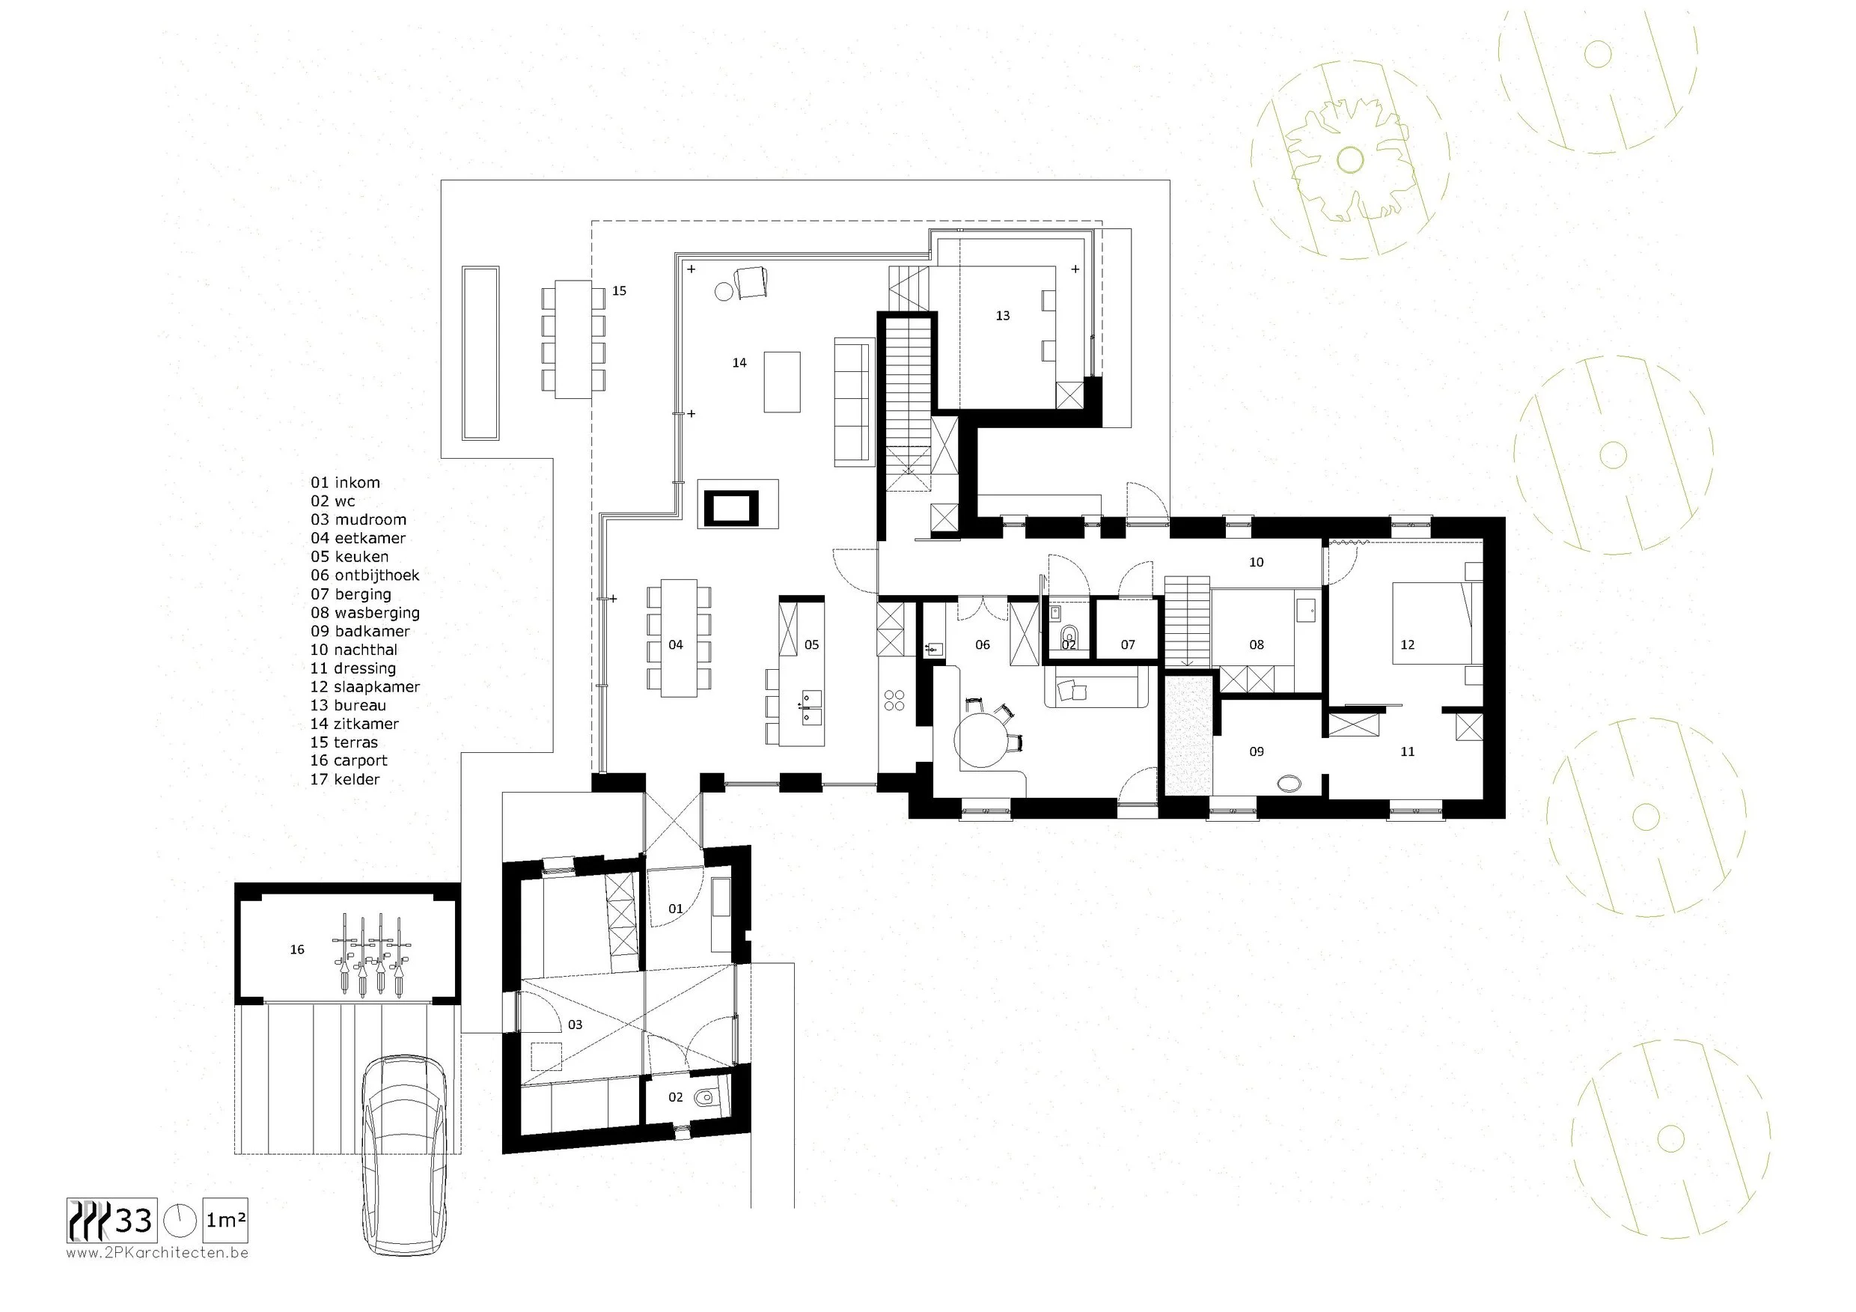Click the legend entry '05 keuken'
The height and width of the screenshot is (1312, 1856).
(349, 556)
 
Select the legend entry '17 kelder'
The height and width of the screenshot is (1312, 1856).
(344, 779)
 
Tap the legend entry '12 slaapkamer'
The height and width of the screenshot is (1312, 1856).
(364, 686)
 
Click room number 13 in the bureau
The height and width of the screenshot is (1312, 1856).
(1002, 315)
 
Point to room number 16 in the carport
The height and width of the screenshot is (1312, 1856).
(296, 949)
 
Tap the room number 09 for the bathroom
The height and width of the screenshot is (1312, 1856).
(1257, 751)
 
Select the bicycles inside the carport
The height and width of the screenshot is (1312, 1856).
(372, 954)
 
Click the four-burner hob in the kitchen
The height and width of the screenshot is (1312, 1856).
(894, 700)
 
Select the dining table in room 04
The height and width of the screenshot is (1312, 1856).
(678, 637)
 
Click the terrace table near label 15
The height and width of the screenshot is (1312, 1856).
(573, 339)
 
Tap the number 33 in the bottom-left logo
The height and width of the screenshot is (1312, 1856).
(134, 1220)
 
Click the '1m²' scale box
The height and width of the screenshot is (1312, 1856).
(225, 1220)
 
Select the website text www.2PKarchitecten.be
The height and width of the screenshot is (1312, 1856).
(157, 1253)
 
